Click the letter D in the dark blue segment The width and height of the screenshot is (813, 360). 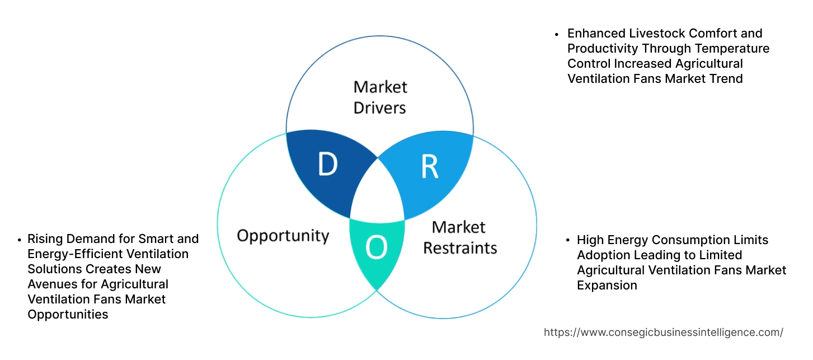328,164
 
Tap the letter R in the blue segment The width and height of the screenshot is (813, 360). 429,166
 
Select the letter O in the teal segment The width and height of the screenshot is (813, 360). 376,247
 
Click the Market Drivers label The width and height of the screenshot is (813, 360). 380,97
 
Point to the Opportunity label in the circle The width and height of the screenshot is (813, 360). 283,235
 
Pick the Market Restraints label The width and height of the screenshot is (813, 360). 460,237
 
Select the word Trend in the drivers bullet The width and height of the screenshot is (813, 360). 726,79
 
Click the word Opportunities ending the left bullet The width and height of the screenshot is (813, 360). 68,315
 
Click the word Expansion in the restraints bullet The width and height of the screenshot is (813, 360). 607,286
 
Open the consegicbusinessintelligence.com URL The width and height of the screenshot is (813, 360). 663,333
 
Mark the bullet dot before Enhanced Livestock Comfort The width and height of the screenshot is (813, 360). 557,34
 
